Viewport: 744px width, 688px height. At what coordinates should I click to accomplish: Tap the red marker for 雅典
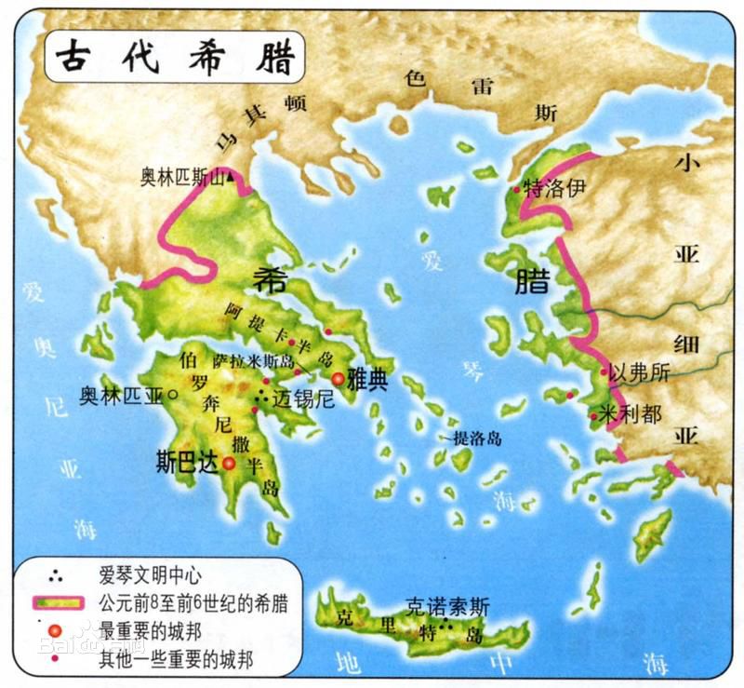click(338, 379)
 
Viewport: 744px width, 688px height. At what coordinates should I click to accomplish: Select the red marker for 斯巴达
click(229, 462)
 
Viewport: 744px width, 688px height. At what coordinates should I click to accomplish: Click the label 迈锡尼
click(302, 400)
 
